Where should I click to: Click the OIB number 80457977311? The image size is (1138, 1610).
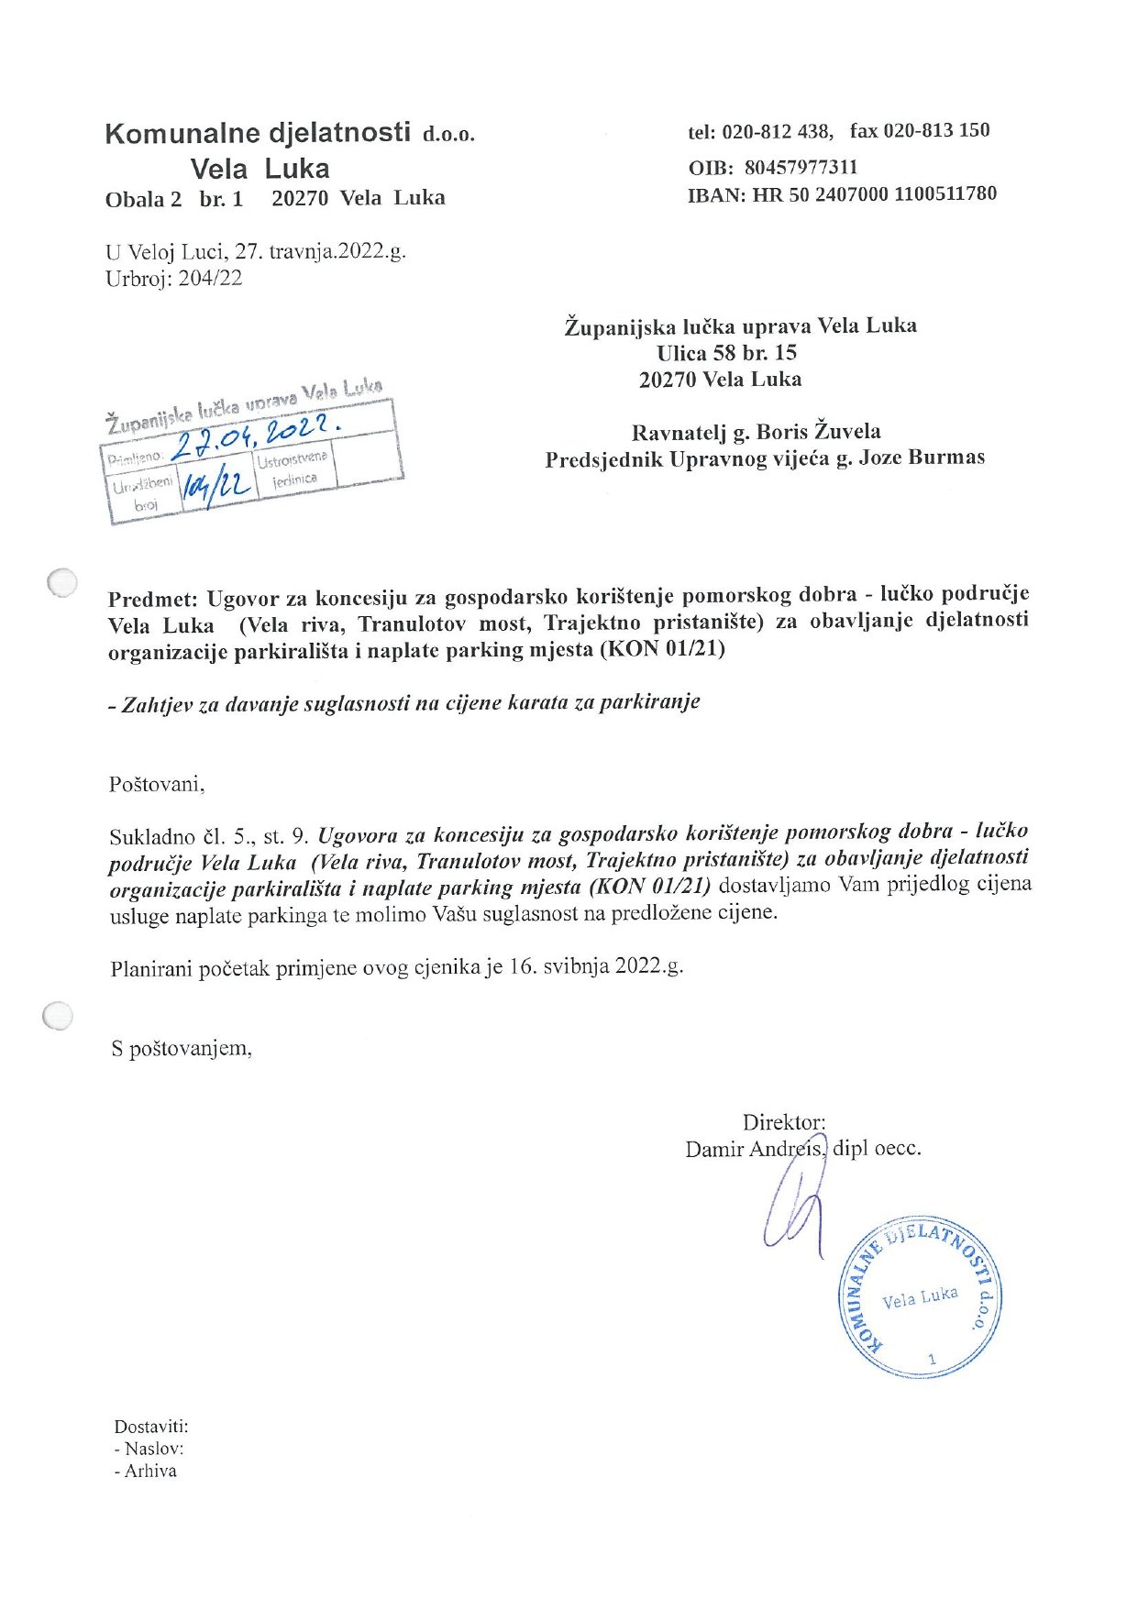(x=801, y=167)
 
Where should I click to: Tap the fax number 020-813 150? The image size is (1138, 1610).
(x=936, y=130)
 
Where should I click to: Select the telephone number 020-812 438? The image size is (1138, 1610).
(x=776, y=131)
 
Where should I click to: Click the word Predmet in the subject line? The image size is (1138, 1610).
(x=152, y=600)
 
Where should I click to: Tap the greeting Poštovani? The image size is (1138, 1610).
(x=157, y=784)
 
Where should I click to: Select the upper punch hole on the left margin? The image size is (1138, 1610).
(x=62, y=581)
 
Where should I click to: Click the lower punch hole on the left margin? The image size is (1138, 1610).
(x=58, y=1016)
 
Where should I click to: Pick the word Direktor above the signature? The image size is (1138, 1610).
(x=783, y=1121)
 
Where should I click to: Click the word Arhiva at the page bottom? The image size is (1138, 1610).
(x=150, y=1471)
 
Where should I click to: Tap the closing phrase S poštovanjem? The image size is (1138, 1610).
(x=182, y=1047)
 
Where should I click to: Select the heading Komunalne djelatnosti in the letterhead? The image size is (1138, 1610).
(x=258, y=133)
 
